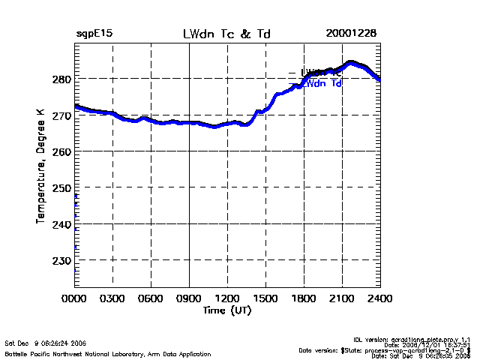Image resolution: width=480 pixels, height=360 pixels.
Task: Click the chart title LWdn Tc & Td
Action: pos(226,34)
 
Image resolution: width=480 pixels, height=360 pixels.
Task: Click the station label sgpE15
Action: pos(94,34)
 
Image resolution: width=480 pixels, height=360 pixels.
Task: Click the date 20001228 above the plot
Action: pos(351,34)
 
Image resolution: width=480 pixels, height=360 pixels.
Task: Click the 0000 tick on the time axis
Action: pos(74,298)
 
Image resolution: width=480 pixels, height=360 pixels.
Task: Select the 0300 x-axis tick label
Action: pos(112,298)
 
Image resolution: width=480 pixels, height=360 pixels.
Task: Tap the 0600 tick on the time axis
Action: pos(151,298)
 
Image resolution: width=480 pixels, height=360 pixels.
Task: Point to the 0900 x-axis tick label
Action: pos(189,298)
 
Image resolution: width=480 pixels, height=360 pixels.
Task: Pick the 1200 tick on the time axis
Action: pos(227,298)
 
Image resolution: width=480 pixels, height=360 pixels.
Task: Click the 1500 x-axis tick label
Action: pos(265,298)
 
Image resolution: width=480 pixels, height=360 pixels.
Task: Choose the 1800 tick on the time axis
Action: pos(304,298)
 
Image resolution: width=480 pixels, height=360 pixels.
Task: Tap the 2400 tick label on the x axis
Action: pos(380,298)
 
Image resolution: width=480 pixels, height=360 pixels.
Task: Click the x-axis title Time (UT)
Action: pos(226,310)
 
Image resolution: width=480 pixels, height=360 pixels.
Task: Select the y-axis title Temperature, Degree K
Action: pos(40,165)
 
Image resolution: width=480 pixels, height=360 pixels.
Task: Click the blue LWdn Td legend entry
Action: pos(322,84)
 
